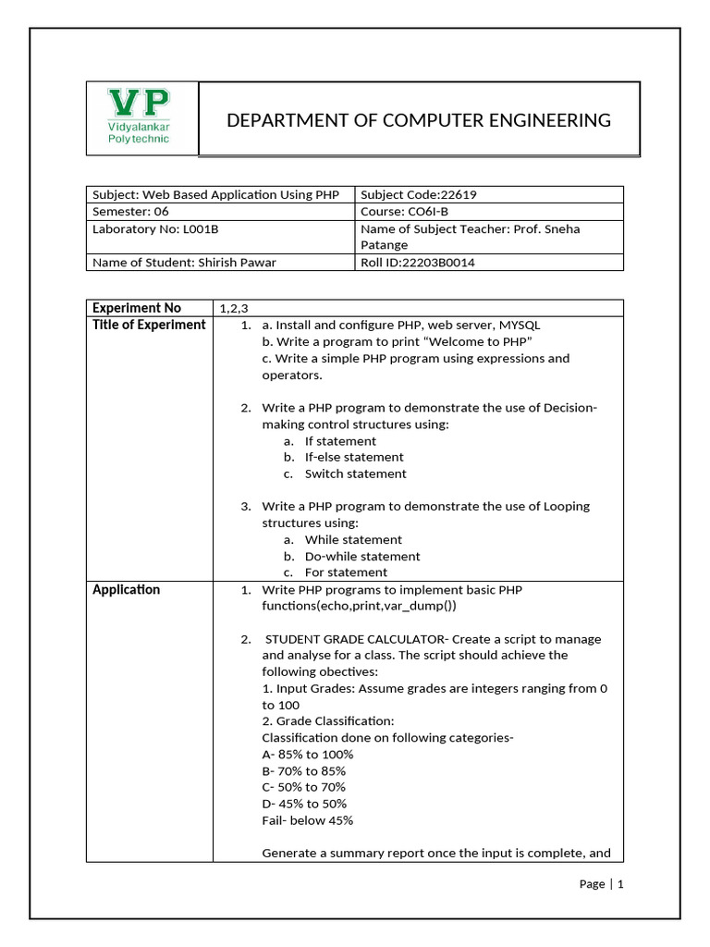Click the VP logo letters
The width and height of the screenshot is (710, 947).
click(x=139, y=102)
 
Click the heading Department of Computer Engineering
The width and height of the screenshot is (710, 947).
click(x=419, y=120)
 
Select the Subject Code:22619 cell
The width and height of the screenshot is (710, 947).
click(x=418, y=195)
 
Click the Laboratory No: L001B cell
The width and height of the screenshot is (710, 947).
click(x=148, y=228)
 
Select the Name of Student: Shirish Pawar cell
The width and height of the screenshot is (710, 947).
click(x=184, y=262)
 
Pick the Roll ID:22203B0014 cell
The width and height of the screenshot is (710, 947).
click(x=419, y=262)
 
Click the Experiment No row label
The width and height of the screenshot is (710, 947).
click(x=137, y=308)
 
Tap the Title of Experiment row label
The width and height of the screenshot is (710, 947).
click(x=149, y=325)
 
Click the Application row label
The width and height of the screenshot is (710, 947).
click(x=127, y=589)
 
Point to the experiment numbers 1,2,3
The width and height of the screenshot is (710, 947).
click(x=234, y=308)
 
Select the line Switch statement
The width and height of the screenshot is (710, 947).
click(x=355, y=473)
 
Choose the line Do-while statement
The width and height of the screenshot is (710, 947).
click(x=362, y=556)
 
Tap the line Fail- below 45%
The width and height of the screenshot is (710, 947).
click(x=307, y=820)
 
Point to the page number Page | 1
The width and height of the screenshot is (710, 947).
click(x=602, y=884)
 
